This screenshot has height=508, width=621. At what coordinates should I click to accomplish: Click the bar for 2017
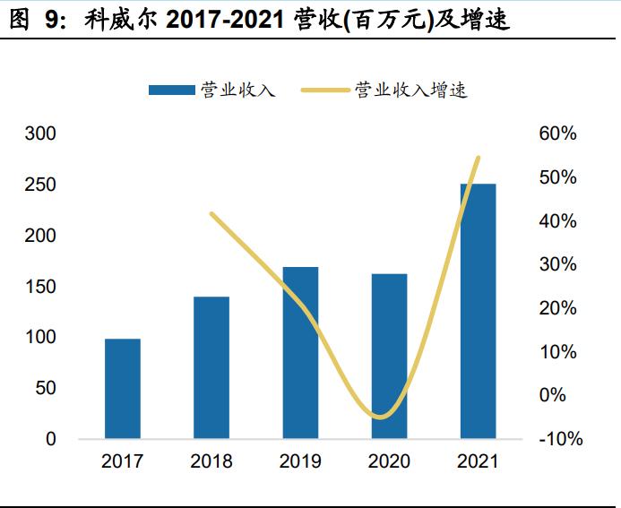(x=123, y=389)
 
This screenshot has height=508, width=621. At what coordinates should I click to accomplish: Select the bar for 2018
(x=211, y=367)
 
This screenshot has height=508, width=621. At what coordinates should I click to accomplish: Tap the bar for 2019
(x=300, y=353)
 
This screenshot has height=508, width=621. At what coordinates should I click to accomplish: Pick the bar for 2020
(x=389, y=356)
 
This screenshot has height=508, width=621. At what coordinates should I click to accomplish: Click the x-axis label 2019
(x=300, y=462)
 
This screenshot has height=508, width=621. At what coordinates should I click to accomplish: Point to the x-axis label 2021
(x=478, y=462)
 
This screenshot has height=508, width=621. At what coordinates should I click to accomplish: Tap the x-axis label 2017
(x=123, y=462)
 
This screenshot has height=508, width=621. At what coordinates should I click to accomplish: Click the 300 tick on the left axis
(x=39, y=133)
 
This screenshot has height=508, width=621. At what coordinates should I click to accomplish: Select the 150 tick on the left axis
(x=39, y=287)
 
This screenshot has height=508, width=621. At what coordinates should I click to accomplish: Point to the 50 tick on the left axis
(x=45, y=389)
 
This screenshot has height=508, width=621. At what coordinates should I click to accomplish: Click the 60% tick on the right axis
(x=558, y=133)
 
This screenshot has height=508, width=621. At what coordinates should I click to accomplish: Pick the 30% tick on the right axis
(x=558, y=264)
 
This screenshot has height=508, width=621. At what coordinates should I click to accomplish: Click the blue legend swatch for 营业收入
(x=171, y=90)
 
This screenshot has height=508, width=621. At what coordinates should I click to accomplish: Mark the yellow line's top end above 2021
(x=479, y=158)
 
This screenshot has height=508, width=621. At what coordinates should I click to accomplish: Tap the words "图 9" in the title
(x=32, y=20)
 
